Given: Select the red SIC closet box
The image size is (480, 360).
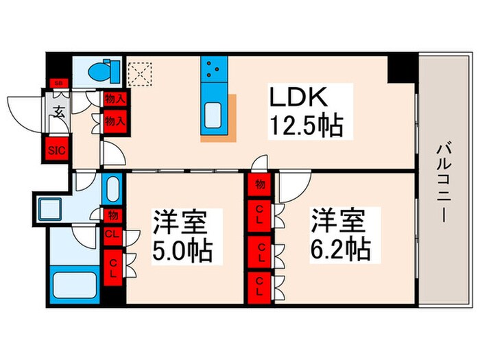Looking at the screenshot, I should [x=56, y=149].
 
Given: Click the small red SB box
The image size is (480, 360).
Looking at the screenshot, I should [x=58, y=84].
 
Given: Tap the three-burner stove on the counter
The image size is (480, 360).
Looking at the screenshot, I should [x=213, y=69].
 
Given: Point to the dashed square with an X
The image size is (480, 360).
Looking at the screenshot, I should [x=140, y=72].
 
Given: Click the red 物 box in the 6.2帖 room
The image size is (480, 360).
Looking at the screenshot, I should [x=261, y=184].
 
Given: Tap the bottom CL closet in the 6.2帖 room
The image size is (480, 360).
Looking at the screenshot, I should [x=261, y=285].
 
